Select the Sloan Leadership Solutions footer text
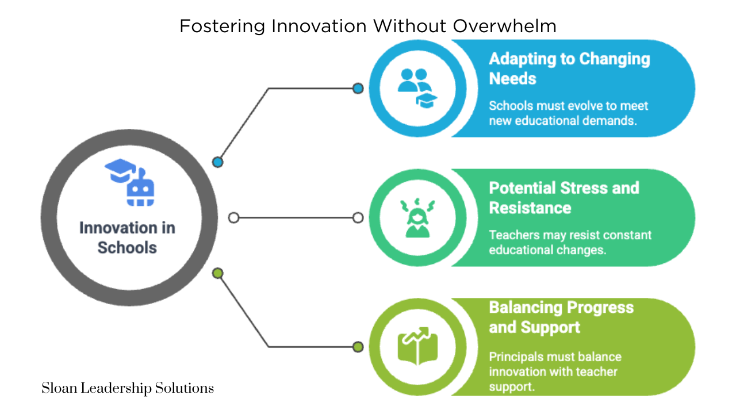pos(128,388)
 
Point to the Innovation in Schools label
pos(127,237)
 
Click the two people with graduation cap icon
pos(417,88)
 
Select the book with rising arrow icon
pos(417,347)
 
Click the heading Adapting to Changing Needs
pos(569,68)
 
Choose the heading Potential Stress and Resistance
pos(563,197)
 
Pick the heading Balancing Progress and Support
pos(561,317)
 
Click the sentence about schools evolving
pos(568,113)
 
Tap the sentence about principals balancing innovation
pos(554,371)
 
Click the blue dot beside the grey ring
pos(217,162)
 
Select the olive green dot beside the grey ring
pos(217,273)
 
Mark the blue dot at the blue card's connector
pos(358,89)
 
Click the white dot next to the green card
pos(358,218)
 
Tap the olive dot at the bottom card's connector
pos(358,347)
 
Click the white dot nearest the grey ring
pos(233,218)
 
